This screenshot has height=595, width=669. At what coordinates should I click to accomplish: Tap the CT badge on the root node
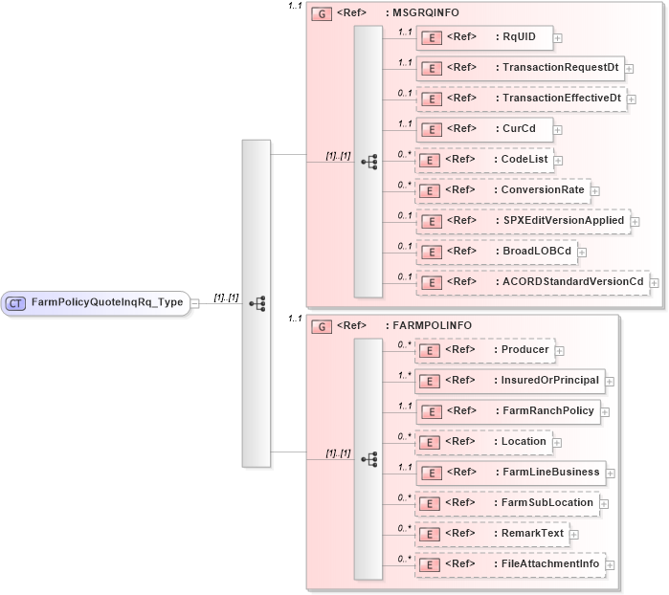(16, 303)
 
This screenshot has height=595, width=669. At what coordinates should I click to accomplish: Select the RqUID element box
(483, 38)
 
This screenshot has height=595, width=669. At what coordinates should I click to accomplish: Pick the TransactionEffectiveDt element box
(521, 99)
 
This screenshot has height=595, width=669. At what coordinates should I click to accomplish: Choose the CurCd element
(483, 129)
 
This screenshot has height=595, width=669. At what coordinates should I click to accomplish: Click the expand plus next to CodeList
(558, 161)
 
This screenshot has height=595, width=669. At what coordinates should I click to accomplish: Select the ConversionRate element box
(502, 190)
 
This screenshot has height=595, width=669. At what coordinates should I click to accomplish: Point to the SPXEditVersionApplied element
(523, 221)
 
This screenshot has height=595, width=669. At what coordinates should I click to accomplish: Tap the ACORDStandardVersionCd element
(532, 282)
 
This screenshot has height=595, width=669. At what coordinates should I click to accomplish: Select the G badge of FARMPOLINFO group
(323, 326)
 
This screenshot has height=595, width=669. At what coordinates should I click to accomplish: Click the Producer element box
(485, 350)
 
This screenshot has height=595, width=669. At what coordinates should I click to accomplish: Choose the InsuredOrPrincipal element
(510, 381)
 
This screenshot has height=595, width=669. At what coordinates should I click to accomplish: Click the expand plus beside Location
(557, 443)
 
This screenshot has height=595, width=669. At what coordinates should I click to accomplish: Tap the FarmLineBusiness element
(510, 473)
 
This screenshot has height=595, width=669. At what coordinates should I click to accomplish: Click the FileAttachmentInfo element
(510, 564)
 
